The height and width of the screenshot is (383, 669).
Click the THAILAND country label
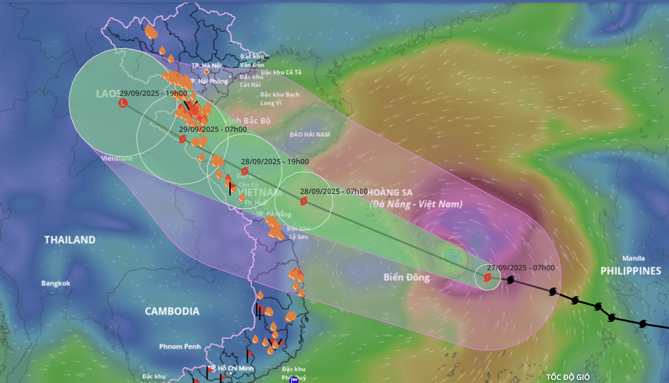click(x=70, y=240)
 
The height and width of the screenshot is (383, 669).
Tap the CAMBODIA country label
click(x=172, y=311)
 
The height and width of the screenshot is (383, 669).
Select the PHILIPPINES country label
click(x=631, y=271)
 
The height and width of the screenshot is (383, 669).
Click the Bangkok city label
click(x=56, y=283)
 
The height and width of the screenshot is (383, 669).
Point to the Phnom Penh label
click(x=180, y=346)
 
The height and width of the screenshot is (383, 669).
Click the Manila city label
click(x=633, y=258)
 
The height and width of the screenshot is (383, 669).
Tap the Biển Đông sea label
click(x=406, y=277)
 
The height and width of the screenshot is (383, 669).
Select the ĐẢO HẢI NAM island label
click(x=310, y=134)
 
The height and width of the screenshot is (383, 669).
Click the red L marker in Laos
click(x=123, y=103)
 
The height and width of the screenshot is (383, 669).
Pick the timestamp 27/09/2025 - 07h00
click(x=521, y=268)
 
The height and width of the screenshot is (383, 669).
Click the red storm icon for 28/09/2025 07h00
click(x=304, y=201)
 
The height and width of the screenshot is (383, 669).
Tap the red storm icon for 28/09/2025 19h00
click(x=245, y=171)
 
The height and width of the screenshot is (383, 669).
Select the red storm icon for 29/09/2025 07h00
click(x=183, y=139)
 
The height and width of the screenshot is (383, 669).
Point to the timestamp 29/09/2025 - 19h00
click(x=153, y=93)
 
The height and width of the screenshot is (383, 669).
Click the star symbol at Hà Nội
click(x=206, y=72)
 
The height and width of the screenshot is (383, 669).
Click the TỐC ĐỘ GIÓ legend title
click(x=568, y=377)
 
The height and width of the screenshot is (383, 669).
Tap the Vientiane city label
click(x=117, y=158)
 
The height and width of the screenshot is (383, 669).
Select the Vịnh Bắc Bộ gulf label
click(x=247, y=121)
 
